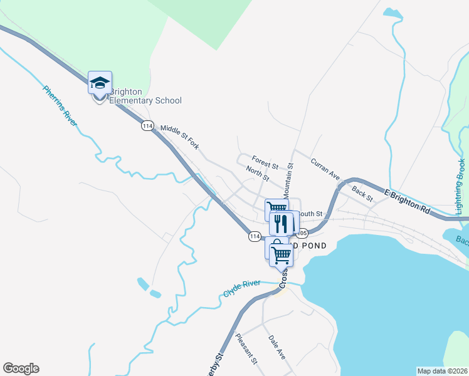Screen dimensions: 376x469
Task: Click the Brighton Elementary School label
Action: click(145, 96)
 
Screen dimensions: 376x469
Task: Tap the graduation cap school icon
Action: click(100, 83)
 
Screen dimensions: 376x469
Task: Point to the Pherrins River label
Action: click(60, 105)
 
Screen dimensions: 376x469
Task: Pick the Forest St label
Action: click(265, 160)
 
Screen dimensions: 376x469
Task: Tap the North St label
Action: click(257, 174)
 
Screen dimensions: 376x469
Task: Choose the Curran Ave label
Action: click(325, 166)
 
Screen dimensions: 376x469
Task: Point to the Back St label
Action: click(362, 194)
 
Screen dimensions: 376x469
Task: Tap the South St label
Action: click(310, 214)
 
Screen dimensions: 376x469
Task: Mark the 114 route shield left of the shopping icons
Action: click(254, 236)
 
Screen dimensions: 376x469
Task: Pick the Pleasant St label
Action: click(246, 348)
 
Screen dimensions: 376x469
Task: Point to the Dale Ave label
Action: click(277, 347)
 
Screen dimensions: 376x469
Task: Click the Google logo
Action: click(21, 368)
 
